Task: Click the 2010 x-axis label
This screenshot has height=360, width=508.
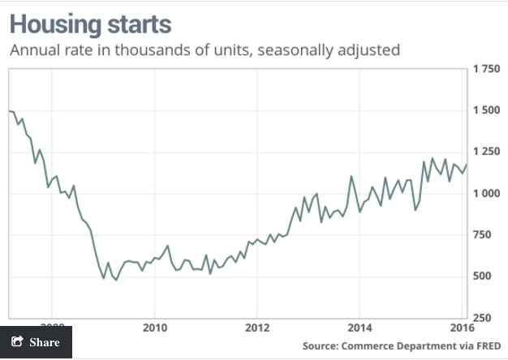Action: click(x=154, y=328)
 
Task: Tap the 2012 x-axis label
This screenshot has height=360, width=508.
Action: click(x=256, y=328)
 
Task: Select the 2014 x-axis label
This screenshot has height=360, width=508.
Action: click(x=359, y=328)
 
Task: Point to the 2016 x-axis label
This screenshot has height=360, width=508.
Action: click(x=461, y=328)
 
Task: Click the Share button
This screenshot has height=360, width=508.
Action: click(x=36, y=342)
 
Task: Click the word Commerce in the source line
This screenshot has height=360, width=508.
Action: click(x=371, y=346)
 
